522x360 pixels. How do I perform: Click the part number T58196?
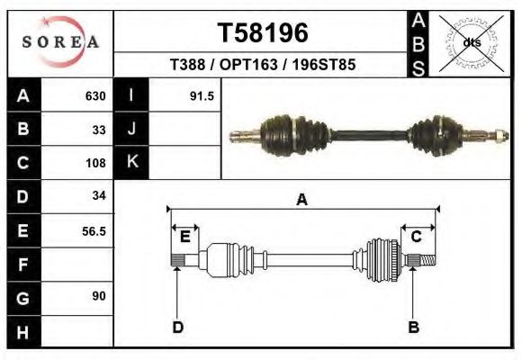(264, 32)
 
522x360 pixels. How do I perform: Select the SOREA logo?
(60, 42)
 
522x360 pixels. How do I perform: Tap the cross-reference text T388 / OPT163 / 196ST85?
(264, 66)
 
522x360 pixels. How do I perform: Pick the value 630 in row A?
(95, 96)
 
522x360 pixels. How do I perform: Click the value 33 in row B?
(99, 130)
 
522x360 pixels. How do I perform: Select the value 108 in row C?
(95, 163)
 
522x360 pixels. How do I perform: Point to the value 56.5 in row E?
(94, 230)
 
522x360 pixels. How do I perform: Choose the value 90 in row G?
(99, 296)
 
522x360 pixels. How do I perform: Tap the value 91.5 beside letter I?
(202, 96)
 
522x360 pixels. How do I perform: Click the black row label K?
(131, 163)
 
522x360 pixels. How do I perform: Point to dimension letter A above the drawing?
(301, 200)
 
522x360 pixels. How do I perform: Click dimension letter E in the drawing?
(184, 237)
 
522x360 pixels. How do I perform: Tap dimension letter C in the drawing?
(417, 237)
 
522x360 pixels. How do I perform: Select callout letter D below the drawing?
(177, 327)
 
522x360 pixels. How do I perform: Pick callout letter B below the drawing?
(413, 327)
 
